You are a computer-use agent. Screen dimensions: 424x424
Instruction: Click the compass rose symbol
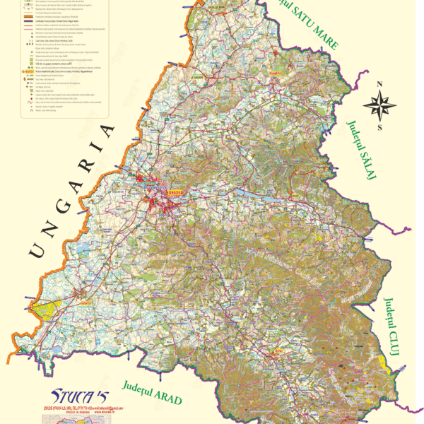coord(379,105)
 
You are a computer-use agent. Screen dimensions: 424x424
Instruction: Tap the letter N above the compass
coord(379,84)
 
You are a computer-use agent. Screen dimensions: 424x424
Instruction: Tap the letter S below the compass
coord(379,128)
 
